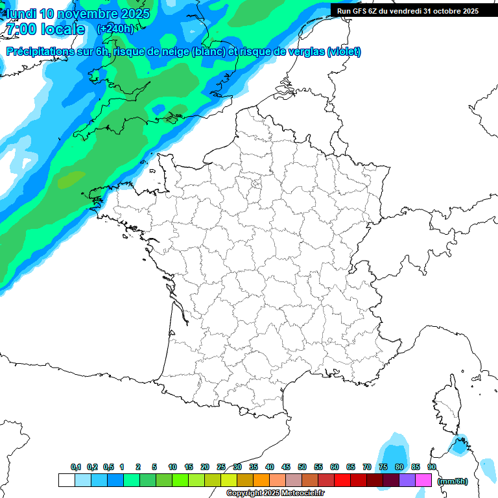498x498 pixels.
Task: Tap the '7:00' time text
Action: [x=19, y=29]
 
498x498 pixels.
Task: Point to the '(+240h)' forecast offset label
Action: [x=115, y=29]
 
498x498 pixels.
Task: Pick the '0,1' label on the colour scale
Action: [x=76, y=468]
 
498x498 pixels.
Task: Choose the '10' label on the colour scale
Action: [x=172, y=468]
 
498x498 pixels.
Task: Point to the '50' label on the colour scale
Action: [x=302, y=468]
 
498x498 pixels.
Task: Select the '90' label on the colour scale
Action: [x=432, y=468]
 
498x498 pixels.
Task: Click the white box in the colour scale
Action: [x=66, y=480]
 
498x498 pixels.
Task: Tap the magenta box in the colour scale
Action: [x=424, y=480]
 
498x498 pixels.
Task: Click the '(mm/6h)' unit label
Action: [x=453, y=481]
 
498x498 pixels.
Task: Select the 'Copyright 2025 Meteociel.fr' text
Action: [x=275, y=493]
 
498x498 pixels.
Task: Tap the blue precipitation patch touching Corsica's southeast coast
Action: [x=460, y=445]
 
